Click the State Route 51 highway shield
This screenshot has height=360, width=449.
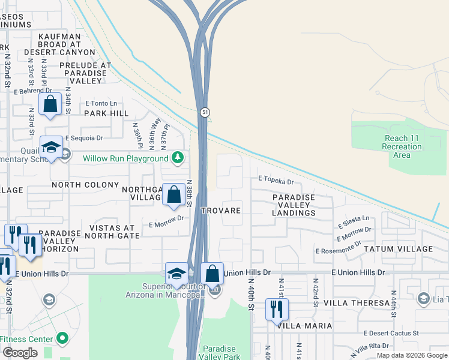tap(205, 113)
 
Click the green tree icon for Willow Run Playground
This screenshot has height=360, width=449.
tap(177, 158)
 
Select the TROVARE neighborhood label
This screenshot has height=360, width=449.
tap(221, 211)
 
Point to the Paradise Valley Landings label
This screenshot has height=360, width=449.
tap(294, 205)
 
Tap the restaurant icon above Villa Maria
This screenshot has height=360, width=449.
tap(277, 309)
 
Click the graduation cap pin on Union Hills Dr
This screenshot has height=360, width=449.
tap(176, 274)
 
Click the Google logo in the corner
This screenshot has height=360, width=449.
tap(20, 353)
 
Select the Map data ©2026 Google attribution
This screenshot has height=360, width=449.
tap(412, 355)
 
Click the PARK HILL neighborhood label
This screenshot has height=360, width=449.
tap(106, 113)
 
